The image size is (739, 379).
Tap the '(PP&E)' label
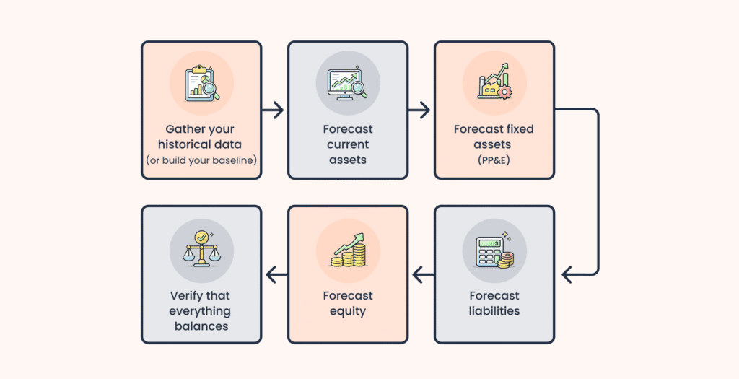(494, 159)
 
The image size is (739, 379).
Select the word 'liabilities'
(494, 311)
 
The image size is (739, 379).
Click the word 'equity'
(348, 311)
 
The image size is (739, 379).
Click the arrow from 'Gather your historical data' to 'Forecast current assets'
(274, 110)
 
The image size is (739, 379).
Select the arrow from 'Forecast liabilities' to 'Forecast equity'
(421, 274)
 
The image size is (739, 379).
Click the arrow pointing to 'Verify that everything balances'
(275, 274)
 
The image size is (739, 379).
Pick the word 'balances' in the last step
(201, 326)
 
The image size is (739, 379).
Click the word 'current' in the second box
(348, 144)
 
